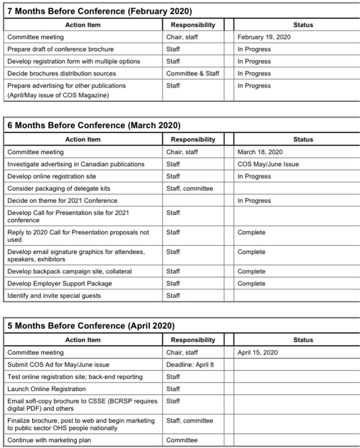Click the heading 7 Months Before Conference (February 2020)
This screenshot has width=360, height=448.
pyautogui.click(x=99, y=12)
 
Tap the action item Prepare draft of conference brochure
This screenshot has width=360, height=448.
pyautogui.click(x=60, y=49)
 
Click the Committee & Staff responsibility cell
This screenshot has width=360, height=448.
pyautogui.click(x=192, y=74)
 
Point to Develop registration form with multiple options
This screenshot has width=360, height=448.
pyautogui.click(x=74, y=61)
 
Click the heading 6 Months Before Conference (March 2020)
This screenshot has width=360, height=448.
pyautogui.click(x=94, y=125)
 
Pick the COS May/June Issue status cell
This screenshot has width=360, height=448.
pyautogui.click(x=268, y=164)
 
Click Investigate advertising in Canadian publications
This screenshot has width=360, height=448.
pyautogui.click(x=76, y=164)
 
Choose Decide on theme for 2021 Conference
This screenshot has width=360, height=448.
pyautogui.click(x=62, y=200)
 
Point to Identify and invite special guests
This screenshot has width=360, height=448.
pyautogui.click(x=54, y=295)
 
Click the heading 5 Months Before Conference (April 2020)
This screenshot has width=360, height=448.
pyautogui.click(x=91, y=325)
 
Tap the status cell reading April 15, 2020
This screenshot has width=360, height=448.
pyautogui.click(x=258, y=352)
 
